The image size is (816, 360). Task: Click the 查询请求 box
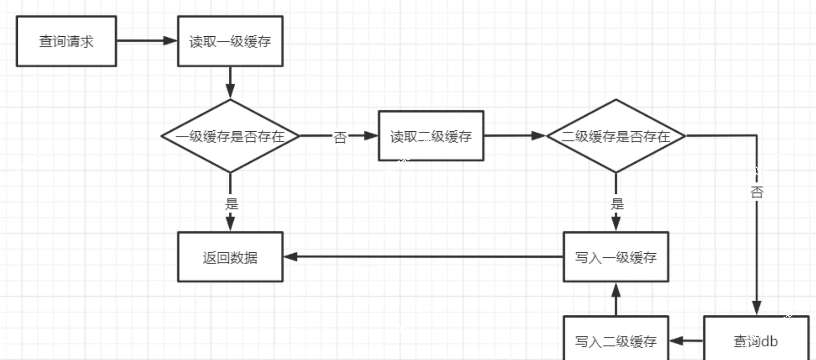66,41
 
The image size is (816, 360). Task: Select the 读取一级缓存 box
230,41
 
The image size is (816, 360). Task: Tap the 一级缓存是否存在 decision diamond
230,136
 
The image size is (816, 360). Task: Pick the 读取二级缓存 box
431,136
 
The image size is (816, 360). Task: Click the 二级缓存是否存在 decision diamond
616,136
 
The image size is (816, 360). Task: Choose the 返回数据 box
230,257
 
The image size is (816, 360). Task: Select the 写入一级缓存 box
616,257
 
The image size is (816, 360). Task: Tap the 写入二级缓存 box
616,340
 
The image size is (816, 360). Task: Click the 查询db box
756,340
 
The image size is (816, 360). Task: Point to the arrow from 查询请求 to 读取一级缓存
146,41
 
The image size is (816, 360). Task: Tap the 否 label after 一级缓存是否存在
340,137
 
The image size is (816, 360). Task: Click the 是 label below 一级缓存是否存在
232,204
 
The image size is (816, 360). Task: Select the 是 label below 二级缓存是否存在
617,204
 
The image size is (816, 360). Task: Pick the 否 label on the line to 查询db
757,192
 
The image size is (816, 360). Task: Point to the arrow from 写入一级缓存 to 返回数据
424,257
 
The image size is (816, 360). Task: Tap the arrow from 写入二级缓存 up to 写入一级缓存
616,299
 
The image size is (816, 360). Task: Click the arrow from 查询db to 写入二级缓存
686,340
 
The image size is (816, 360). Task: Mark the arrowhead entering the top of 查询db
757,308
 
